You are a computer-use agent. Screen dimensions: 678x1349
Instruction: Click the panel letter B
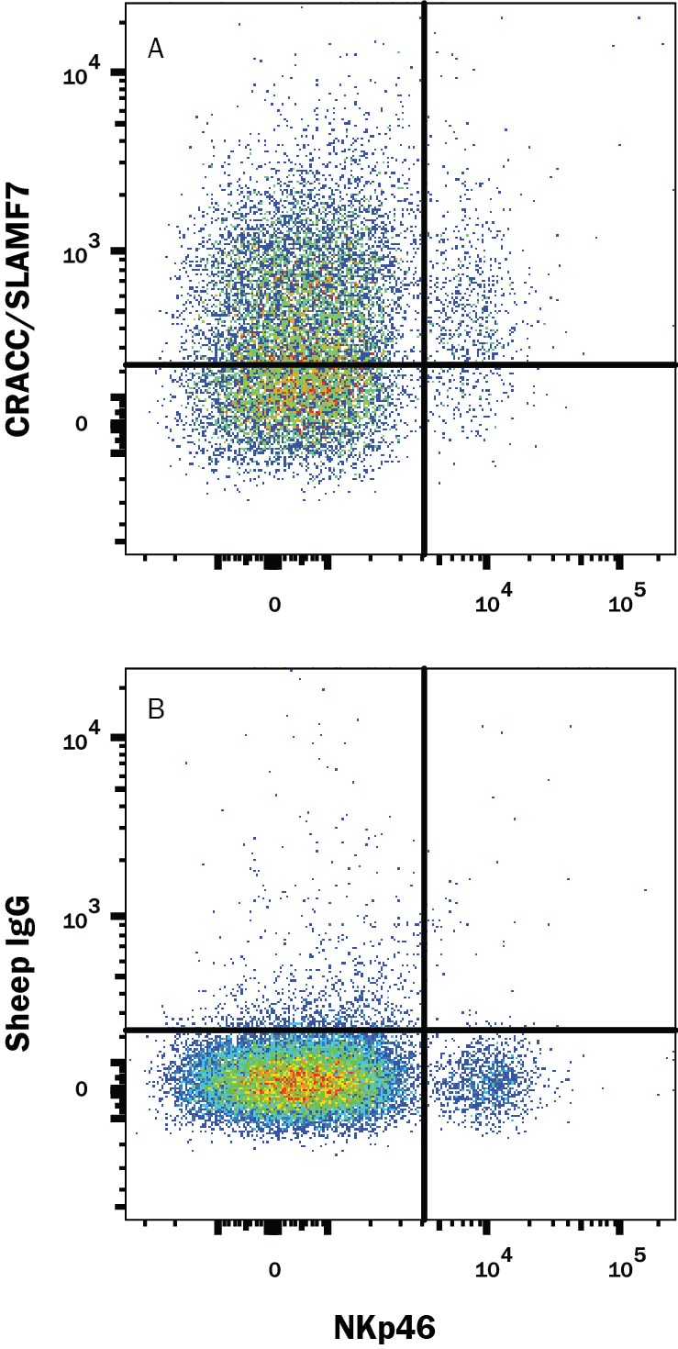[x=156, y=709]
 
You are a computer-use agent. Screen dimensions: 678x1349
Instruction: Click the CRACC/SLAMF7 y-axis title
[x=18, y=311]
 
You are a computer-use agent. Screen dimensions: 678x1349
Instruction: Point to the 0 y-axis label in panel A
[x=82, y=424]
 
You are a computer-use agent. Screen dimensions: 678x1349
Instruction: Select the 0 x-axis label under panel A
[x=274, y=604]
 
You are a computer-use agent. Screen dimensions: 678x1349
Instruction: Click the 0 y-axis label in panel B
[x=82, y=1088]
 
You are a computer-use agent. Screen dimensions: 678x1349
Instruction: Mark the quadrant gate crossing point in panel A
[x=425, y=364]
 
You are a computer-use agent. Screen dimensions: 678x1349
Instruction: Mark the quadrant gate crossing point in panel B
[x=425, y=1031]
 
